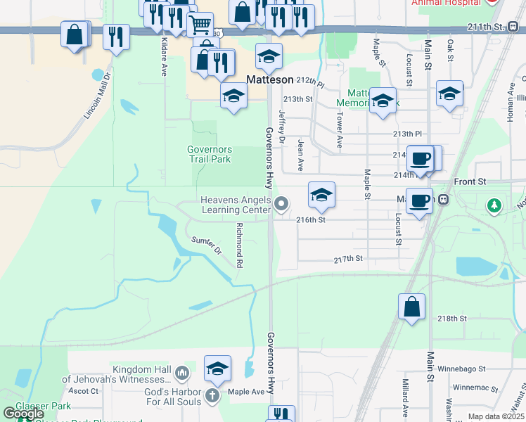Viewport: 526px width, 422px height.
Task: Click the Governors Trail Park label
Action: click(209, 154)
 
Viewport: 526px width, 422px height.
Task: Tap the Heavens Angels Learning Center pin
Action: click(281, 205)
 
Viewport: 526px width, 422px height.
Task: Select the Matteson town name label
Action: click(269, 80)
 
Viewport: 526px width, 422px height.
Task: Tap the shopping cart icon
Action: click(200, 25)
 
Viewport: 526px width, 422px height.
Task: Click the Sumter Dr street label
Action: click(207, 245)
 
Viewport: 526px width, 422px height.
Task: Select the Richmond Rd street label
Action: click(240, 245)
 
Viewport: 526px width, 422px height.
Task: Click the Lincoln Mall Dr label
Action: click(98, 96)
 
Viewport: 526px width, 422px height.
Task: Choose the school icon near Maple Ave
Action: click(217, 369)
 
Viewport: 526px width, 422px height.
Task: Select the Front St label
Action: click(470, 181)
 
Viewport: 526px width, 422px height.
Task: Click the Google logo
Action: click(23, 414)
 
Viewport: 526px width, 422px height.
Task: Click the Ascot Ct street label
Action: click(84, 391)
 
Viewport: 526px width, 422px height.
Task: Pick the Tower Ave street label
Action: click(339, 131)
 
